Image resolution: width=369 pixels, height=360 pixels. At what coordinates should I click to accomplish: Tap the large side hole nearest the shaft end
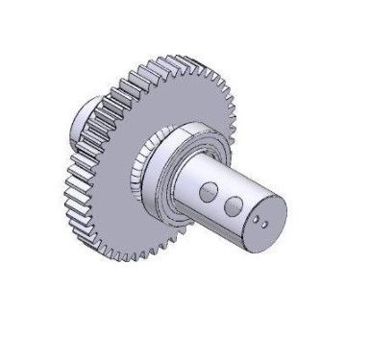(232, 205)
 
